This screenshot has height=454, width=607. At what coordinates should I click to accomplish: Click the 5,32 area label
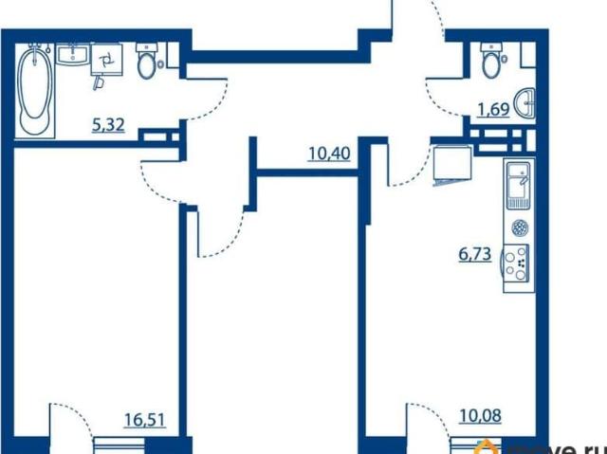(108, 125)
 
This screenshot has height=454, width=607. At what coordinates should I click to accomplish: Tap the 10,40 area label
(329, 154)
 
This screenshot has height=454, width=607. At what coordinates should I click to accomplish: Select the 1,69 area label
(493, 110)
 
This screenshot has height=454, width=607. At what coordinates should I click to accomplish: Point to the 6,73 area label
(475, 254)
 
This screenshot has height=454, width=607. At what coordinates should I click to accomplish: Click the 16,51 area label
(145, 419)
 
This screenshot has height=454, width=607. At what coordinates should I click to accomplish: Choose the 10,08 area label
(481, 416)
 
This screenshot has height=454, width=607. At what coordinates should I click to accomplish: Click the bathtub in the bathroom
(36, 91)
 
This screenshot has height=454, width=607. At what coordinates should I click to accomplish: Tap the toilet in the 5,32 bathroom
(146, 61)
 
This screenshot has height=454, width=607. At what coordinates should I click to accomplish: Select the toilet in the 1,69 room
(491, 60)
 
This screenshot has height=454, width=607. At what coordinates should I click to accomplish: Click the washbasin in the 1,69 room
(525, 103)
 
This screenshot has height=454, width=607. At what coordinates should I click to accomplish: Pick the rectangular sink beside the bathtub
(72, 54)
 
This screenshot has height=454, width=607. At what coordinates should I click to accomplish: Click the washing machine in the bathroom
(107, 60)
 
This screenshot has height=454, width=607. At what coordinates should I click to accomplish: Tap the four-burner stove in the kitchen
(516, 263)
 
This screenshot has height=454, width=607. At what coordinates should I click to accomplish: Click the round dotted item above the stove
(519, 227)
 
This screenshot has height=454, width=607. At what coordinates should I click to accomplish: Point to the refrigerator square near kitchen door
(451, 162)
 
